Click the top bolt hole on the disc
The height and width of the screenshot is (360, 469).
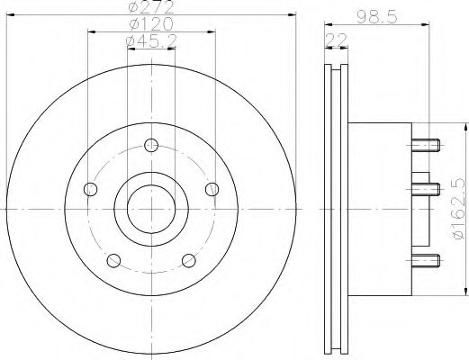[150, 143]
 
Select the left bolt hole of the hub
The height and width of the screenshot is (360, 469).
[89, 189]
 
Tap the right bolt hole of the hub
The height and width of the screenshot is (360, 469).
[212, 188]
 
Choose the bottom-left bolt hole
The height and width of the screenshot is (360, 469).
[113, 260]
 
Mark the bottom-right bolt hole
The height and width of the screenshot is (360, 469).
[188, 260]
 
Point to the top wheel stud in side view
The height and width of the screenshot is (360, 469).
[427, 143]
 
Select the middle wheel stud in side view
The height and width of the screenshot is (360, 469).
[427, 189]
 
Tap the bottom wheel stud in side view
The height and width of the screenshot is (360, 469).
[427, 261]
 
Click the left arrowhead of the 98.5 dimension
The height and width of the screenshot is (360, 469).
[327, 22]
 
